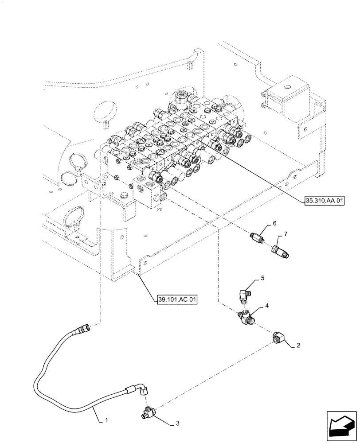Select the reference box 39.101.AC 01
pyautogui.click(x=176, y=299)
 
